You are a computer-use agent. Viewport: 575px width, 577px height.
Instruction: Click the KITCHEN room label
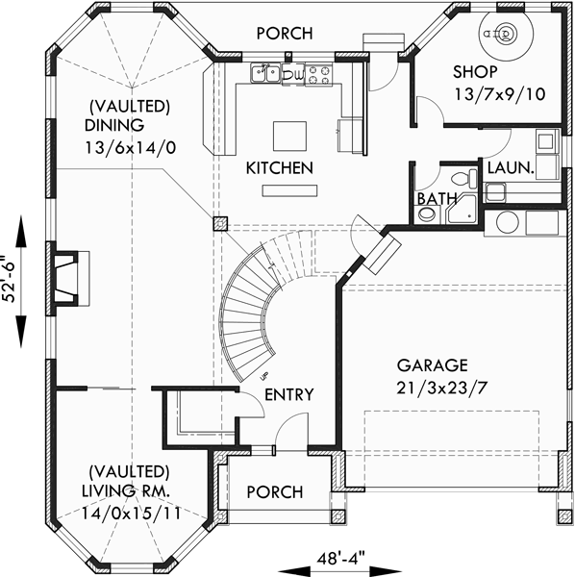click(279, 168)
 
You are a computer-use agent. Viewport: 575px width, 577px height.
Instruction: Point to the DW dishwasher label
click(296, 73)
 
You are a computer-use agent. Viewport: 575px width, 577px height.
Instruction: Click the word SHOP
click(476, 73)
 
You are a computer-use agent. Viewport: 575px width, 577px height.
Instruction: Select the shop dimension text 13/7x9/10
click(488, 93)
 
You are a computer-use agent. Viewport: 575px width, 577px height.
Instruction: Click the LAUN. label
click(511, 167)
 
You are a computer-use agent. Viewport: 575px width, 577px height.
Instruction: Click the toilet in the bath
click(465, 179)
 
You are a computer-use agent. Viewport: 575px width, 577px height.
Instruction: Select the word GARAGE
click(432, 365)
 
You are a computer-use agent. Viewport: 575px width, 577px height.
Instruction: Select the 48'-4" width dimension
click(343, 559)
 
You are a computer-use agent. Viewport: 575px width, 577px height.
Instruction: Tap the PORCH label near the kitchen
click(284, 34)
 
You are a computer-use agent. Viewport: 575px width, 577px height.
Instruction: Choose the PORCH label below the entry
click(275, 491)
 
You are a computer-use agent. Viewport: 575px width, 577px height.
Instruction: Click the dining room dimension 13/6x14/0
click(126, 148)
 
